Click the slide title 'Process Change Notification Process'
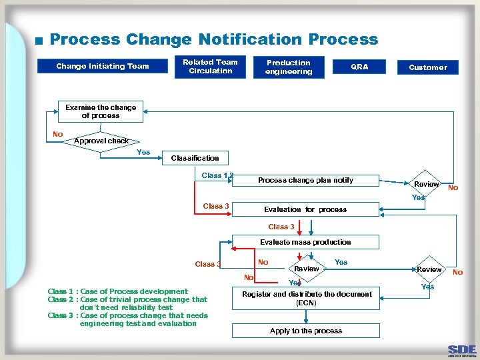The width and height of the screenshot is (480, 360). pyautogui.click(x=213, y=39)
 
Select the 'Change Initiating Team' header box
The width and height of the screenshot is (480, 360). pyautogui.click(x=102, y=66)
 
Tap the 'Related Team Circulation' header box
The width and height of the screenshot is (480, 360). pyautogui.click(x=210, y=67)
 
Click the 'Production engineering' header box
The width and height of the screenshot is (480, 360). pyautogui.click(x=288, y=67)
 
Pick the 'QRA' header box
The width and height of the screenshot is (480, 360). pyautogui.click(x=359, y=67)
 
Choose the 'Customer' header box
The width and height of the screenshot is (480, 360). pyautogui.click(x=428, y=67)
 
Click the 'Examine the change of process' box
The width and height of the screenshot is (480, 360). pyautogui.click(x=101, y=112)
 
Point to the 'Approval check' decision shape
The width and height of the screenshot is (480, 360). pyautogui.click(x=101, y=142)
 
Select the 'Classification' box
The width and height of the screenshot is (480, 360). pyautogui.click(x=195, y=158)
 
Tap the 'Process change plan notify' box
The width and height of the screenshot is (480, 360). pyautogui.click(x=305, y=180)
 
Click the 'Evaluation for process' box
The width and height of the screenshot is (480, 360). pyautogui.click(x=305, y=209)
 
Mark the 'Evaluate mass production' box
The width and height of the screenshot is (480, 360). pyautogui.click(x=305, y=242)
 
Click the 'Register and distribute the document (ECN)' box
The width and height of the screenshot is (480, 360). pyautogui.click(x=306, y=298)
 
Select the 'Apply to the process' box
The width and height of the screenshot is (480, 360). pyautogui.click(x=306, y=331)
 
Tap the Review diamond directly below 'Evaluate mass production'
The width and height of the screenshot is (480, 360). pyautogui.click(x=307, y=269)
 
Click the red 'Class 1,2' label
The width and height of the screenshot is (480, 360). pyautogui.click(x=217, y=175)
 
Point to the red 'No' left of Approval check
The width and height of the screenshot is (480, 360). pyautogui.click(x=58, y=135)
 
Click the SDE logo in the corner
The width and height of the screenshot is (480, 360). pyautogui.click(x=462, y=350)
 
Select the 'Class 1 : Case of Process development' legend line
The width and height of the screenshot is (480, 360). pyautogui.click(x=117, y=291)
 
